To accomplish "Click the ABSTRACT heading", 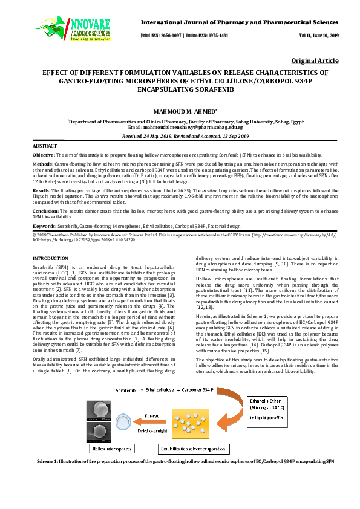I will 44,146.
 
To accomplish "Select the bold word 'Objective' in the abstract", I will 43,155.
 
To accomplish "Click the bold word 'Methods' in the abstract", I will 42,164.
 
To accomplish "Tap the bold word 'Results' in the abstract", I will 41,190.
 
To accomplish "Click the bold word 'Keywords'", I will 44,225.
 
